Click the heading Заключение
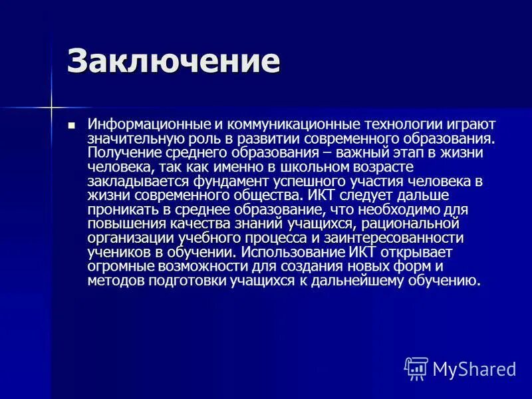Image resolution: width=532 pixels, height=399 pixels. click(x=174, y=62)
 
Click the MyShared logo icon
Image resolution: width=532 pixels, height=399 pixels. click(x=416, y=368)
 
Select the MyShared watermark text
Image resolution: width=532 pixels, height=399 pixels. click(x=474, y=368)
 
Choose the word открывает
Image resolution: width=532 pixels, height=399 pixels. click(x=412, y=253)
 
